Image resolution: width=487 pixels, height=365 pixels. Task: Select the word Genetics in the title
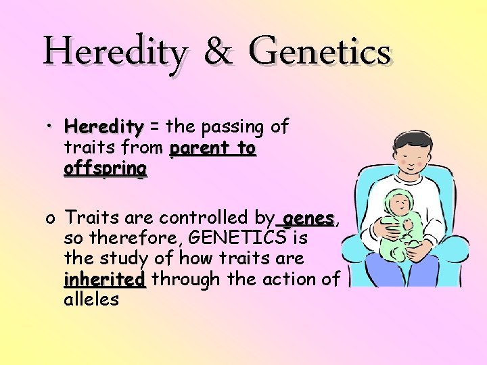[x=319, y=53]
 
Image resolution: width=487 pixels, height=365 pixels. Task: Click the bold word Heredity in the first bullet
[x=104, y=127]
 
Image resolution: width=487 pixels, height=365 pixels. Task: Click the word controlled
[x=205, y=218]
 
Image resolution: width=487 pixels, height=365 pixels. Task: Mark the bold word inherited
[x=105, y=279]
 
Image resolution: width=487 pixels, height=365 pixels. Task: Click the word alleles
[x=91, y=299]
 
